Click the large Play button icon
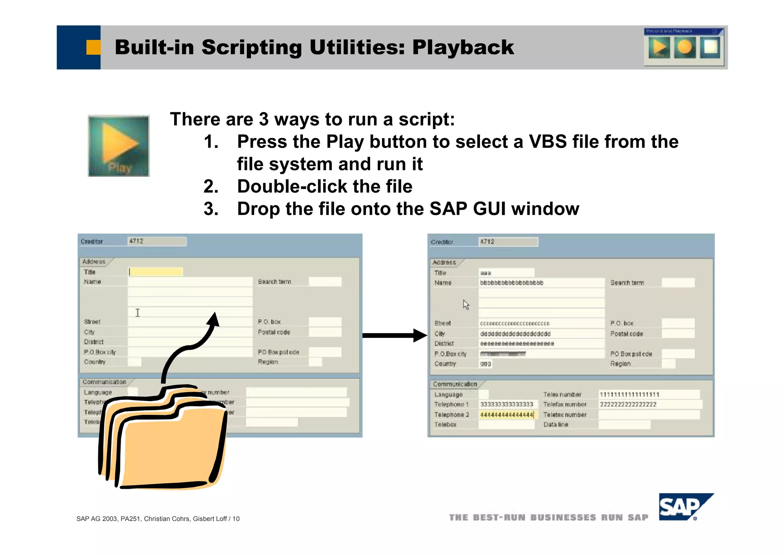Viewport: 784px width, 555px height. (x=119, y=146)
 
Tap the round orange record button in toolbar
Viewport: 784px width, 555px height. (x=684, y=47)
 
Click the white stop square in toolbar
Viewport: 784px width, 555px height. (x=710, y=47)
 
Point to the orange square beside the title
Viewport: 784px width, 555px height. (x=93, y=47)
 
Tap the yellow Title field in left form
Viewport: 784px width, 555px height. (x=156, y=272)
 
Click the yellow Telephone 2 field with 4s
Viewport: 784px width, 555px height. (x=507, y=415)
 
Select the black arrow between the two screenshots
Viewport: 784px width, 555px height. (x=394, y=336)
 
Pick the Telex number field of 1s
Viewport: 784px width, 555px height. (x=648, y=395)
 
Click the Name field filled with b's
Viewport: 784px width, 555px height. (x=541, y=283)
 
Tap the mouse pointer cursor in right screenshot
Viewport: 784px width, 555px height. (x=465, y=305)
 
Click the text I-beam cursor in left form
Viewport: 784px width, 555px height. (x=138, y=313)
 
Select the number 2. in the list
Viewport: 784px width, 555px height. (x=211, y=187)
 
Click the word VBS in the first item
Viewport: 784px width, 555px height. (x=547, y=142)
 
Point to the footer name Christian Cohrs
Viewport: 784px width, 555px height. (x=167, y=519)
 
